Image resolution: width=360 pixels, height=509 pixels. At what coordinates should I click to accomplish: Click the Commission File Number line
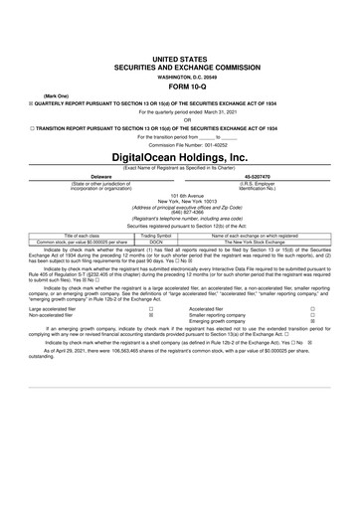(180, 144)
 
